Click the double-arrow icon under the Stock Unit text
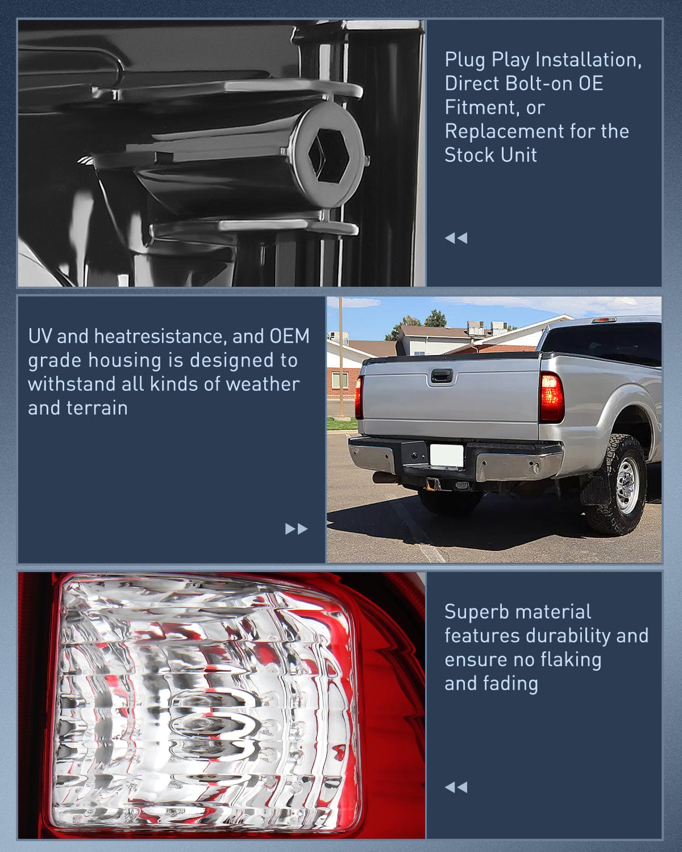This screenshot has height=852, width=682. click(x=456, y=238)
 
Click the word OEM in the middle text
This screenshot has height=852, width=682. click(x=289, y=336)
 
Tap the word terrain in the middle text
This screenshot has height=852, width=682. click(x=103, y=408)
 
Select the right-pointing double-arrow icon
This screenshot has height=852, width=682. click(x=296, y=529)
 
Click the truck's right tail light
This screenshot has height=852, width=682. click(x=551, y=398)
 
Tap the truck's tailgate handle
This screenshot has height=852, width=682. click(x=440, y=376)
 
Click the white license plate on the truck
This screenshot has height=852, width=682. click(x=447, y=455)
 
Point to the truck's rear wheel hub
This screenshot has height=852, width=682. click(x=627, y=485)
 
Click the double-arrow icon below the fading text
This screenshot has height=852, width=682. click(x=456, y=787)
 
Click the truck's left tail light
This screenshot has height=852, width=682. click(x=359, y=398)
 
